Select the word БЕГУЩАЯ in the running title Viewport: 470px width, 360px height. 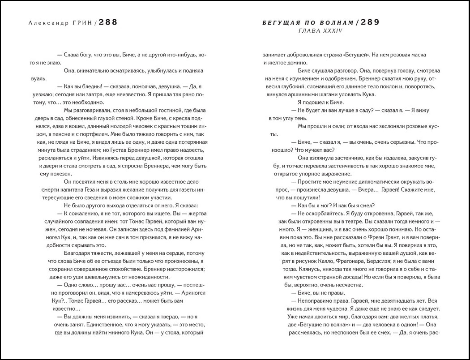click(x=276, y=23)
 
